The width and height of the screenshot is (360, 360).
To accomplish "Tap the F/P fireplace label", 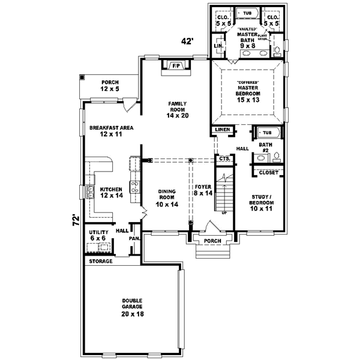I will [176, 65].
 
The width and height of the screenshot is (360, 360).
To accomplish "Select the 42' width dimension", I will [188, 41].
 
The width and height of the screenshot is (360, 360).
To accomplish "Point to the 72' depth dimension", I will [76, 220].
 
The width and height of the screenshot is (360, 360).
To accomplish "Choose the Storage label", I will [100, 262].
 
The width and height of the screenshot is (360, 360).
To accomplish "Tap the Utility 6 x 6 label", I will [98, 235].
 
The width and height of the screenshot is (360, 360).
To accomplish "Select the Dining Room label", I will [166, 197].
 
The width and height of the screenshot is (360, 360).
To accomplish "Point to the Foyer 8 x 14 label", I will [203, 190].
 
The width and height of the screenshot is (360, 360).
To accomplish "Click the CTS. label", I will [224, 158].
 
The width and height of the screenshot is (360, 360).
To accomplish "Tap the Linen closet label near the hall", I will [220, 130].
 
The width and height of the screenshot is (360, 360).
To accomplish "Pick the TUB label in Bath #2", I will [266, 133].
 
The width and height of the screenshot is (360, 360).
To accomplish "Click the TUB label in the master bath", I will [247, 11].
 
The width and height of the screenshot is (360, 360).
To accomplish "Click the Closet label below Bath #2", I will [268, 173].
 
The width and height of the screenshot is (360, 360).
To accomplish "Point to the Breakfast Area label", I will [111, 131].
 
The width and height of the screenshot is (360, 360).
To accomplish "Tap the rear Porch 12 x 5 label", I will [109, 86].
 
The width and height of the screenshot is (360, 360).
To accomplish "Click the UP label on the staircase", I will [224, 212].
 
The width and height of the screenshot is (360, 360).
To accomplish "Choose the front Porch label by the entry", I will [212, 241].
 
